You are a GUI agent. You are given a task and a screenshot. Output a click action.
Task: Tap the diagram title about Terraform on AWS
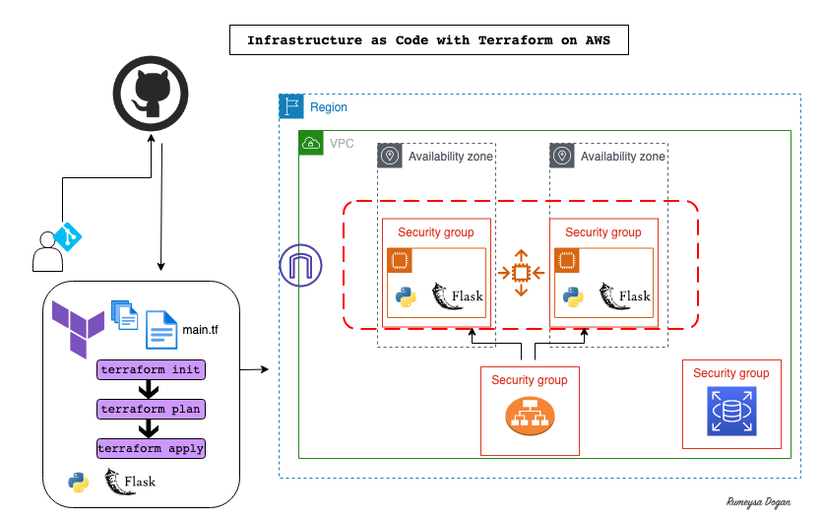pos(427,41)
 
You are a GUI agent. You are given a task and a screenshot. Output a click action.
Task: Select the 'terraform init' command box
pos(151,369)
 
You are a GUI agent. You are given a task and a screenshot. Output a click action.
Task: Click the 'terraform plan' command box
pos(151,409)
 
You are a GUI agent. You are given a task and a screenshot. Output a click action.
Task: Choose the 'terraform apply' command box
pos(152,448)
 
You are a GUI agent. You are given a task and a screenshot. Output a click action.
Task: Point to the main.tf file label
pos(200,329)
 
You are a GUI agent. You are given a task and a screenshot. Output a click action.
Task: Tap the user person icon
pos(46,251)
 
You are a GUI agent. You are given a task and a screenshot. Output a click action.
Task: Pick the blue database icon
pos(730,411)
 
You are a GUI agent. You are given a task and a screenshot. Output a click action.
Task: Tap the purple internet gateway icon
pos(300,265)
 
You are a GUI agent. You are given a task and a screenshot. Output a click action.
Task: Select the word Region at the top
pos(329,107)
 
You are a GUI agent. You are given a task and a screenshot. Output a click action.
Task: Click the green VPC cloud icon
pos(310,143)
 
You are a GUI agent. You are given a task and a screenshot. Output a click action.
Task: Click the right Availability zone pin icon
pos(562,156)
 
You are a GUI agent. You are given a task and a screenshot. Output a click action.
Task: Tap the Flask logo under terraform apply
pos(131,482)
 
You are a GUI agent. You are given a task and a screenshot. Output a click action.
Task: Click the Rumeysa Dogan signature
pos(756,499)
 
